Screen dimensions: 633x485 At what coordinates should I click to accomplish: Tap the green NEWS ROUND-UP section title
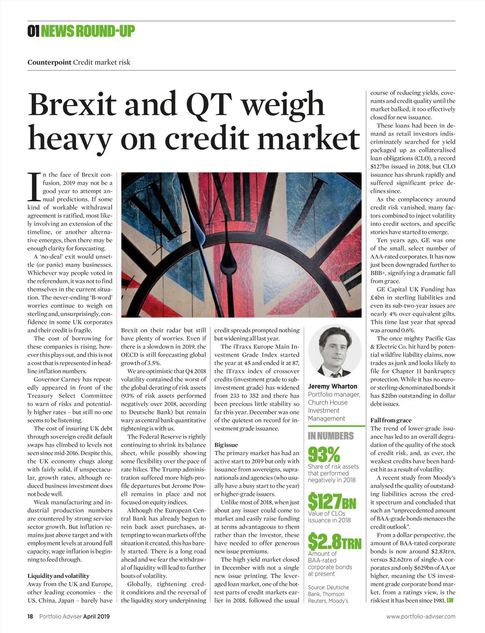tap(88, 31)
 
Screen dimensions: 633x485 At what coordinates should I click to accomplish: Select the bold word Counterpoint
tap(49, 62)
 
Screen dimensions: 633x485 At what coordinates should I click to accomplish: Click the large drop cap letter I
tap(34, 187)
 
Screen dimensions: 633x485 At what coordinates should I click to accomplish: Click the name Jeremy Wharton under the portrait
tap(333, 386)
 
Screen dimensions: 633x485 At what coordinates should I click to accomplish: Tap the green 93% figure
tap(324, 454)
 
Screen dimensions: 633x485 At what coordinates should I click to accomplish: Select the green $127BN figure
tap(332, 502)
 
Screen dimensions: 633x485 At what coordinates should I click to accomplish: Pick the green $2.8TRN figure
tap(335, 542)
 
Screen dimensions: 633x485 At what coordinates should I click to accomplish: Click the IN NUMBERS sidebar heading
tap(331, 436)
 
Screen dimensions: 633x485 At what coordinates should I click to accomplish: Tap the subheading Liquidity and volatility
tap(58, 576)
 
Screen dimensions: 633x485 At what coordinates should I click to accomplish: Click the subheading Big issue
tap(226, 445)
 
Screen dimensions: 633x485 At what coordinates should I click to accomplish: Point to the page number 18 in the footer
tap(30, 616)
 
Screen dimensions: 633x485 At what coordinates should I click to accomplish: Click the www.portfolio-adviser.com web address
tap(420, 616)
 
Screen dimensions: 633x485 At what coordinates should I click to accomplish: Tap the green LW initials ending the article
tap(450, 600)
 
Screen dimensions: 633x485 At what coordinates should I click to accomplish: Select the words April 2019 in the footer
tap(96, 616)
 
